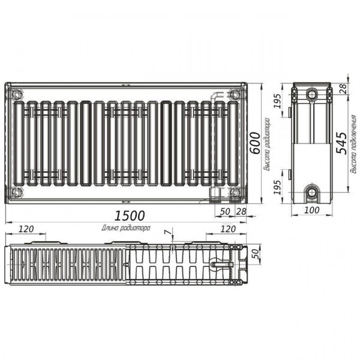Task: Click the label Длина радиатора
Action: [x=125, y=228]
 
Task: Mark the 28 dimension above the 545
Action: [x=343, y=89]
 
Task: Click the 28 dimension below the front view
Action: [x=241, y=212]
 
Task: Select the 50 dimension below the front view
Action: [x=225, y=212]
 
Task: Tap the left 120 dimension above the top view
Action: [x=26, y=229]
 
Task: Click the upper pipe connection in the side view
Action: [x=312, y=95]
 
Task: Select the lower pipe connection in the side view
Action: [x=312, y=193]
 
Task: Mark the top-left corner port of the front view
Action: [x=16, y=94]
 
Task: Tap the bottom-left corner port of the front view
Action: [x=16, y=193]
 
